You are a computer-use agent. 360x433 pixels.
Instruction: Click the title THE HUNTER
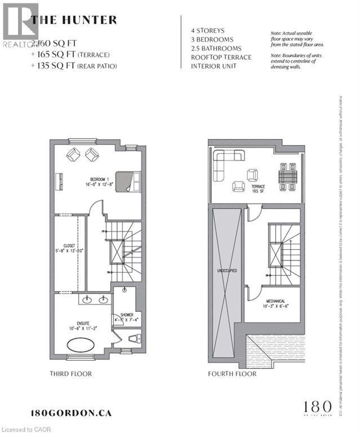coord(74,20)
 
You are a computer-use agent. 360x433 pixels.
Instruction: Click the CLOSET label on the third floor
coord(69,246)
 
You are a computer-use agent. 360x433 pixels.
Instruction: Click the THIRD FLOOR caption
coord(71,374)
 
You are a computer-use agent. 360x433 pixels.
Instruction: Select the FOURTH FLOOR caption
coord(232,374)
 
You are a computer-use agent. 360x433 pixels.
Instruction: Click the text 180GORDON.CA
coord(71,413)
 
